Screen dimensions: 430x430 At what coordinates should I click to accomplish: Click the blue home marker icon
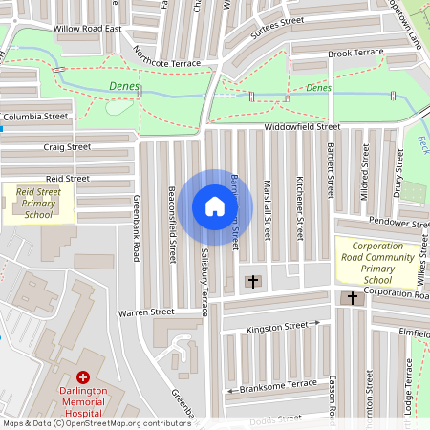215,206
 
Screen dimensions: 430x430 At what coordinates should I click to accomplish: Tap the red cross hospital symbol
83,379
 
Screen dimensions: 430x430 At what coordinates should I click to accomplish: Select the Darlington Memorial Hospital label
83,402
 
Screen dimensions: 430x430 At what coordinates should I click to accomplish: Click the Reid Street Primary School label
38,204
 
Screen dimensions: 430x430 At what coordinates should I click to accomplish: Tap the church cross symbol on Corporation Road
353,298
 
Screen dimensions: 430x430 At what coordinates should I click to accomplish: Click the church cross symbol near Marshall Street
253,282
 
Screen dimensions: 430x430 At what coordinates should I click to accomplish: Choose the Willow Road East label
88,29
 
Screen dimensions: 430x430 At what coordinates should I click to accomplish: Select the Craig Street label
67,147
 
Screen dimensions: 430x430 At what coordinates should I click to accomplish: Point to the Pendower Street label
400,222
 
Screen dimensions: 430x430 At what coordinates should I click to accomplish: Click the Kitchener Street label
299,205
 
